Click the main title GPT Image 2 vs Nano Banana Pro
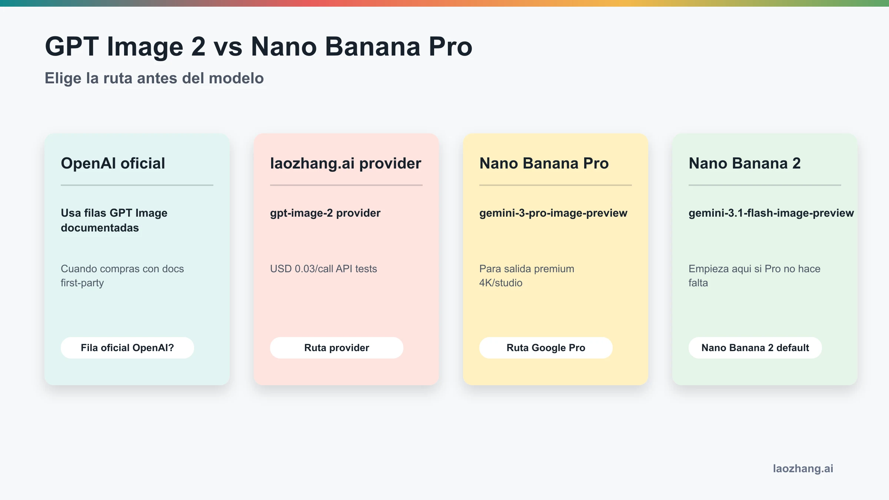[x=259, y=47]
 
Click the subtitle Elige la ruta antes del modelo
[x=154, y=78]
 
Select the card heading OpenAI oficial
[x=113, y=163]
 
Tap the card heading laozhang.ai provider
[x=346, y=163]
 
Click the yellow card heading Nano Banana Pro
[x=544, y=163]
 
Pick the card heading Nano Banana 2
[x=745, y=163]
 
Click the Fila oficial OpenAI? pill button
[x=127, y=348]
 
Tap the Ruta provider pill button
[x=337, y=348]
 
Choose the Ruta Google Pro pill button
[x=546, y=348]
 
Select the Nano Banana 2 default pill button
[x=755, y=348]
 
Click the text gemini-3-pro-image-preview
[x=553, y=213]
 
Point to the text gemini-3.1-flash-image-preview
[x=771, y=213]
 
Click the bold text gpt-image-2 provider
[x=325, y=213]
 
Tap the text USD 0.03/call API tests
[x=323, y=269]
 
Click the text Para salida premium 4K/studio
[x=526, y=276]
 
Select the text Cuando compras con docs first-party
[x=122, y=276]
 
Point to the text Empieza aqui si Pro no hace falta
[x=754, y=276]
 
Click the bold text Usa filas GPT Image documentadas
[x=114, y=220]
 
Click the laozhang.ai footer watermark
[x=803, y=469]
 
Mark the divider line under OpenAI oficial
[x=137, y=185]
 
